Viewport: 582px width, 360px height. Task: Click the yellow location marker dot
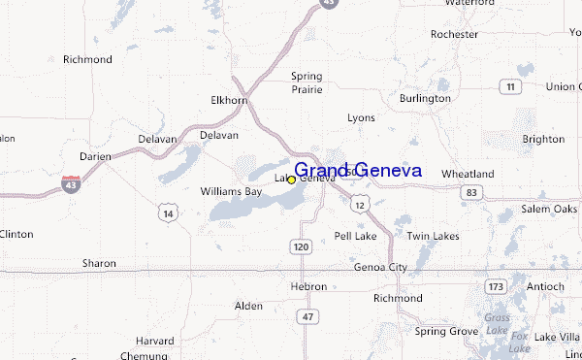[291, 180]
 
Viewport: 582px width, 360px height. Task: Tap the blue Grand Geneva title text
[358, 170]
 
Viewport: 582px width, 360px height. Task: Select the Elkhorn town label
[230, 100]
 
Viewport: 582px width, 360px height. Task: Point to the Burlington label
[425, 98]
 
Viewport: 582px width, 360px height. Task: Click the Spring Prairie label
[307, 82]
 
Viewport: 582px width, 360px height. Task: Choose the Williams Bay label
[231, 191]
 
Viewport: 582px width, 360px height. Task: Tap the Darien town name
[95, 156]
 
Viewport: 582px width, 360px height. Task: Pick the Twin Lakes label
[432, 236]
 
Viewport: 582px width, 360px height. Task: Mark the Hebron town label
[308, 286]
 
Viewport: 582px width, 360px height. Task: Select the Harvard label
[154, 342]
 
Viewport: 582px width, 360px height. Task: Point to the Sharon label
[99, 263]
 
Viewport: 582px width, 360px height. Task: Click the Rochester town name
[455, 34]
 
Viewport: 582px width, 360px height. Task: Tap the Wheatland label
[468, 174]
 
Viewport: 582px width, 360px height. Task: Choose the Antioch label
[545, 286]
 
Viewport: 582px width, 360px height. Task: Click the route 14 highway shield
[169, 213]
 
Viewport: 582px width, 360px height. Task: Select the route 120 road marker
[301, 247]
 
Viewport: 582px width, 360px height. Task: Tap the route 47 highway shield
[308, 317]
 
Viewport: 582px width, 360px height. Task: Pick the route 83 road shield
[471, 193]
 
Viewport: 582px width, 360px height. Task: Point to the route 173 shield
[496, 286]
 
